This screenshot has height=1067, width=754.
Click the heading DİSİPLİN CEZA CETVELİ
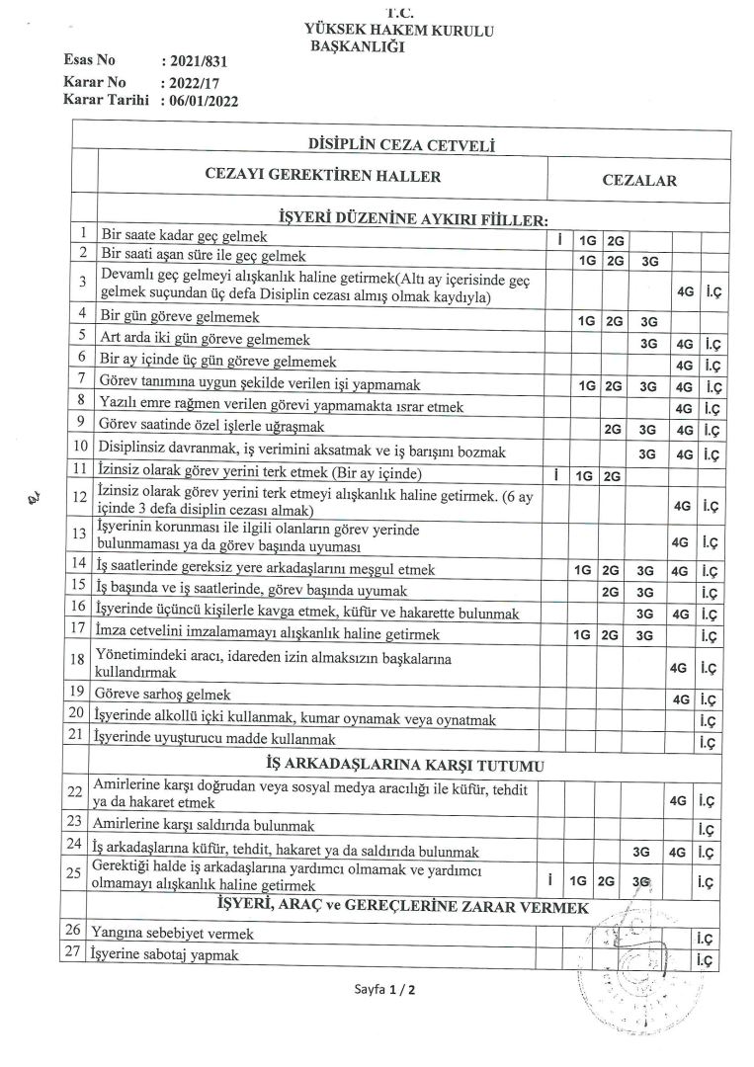pos(402,146)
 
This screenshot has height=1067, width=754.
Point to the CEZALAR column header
pos(639,181)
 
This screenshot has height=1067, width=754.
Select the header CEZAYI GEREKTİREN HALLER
pos(322,176)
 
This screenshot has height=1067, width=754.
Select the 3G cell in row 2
pos(649,262)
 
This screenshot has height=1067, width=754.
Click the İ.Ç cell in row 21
pos(707,740)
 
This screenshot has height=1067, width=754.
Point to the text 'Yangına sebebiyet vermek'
pos(172,933)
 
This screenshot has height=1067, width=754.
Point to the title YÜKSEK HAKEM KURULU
pos(400,32)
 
